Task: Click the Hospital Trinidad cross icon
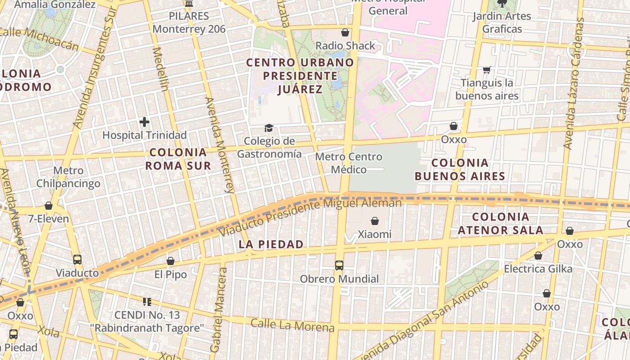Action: pos(144,122)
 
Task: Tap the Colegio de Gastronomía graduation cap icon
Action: pos(269,128)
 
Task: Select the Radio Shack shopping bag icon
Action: pos(345,32)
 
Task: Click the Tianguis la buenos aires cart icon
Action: pos(486,70)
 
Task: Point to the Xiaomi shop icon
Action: pos(374,221)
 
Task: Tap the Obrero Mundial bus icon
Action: pos(339,265)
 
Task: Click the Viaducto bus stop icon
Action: pos(77,260)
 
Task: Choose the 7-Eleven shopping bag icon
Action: pos(49,206)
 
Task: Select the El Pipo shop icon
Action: pos(171,261)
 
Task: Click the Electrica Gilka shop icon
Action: pos(538,256)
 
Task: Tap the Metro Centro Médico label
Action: pos(349,163)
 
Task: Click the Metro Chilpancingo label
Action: pos(68,177)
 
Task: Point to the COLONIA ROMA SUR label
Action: pos(178,159)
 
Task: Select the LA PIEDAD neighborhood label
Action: pos(271,244)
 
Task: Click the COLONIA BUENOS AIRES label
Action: pos(460,169)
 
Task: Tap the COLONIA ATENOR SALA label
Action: pos(500,224)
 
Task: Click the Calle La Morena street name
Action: pos(292,325)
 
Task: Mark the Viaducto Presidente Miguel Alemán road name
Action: pos(310,217)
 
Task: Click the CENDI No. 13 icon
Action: pos(147,301)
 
